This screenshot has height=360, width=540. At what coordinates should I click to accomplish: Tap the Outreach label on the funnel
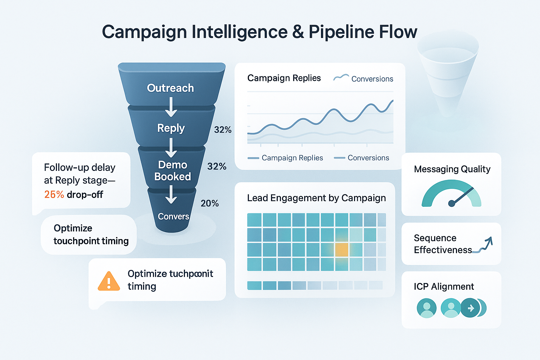click(171, 88)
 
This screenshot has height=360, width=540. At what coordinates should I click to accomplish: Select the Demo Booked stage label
click(173, 171)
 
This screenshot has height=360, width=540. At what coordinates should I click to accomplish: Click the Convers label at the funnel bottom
click(173, 217)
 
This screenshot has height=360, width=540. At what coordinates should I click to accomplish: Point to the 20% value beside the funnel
click(210, 204)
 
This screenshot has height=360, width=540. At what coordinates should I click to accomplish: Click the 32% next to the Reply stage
click(223, 130)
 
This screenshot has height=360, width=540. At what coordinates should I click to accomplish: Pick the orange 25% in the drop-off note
click(54, 194)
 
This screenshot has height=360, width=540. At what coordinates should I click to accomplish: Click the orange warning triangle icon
click(109, 281)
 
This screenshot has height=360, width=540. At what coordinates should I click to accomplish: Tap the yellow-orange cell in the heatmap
click(341, 250)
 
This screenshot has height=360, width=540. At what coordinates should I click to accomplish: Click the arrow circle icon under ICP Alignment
click(470, 308)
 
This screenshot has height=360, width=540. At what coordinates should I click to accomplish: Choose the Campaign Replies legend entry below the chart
click(285, 158)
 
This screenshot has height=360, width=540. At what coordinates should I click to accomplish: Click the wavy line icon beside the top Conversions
click(341, 78)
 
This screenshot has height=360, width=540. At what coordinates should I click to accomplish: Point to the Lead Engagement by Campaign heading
click(316, 198)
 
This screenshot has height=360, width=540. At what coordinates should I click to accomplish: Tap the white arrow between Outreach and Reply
click(171, 107)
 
